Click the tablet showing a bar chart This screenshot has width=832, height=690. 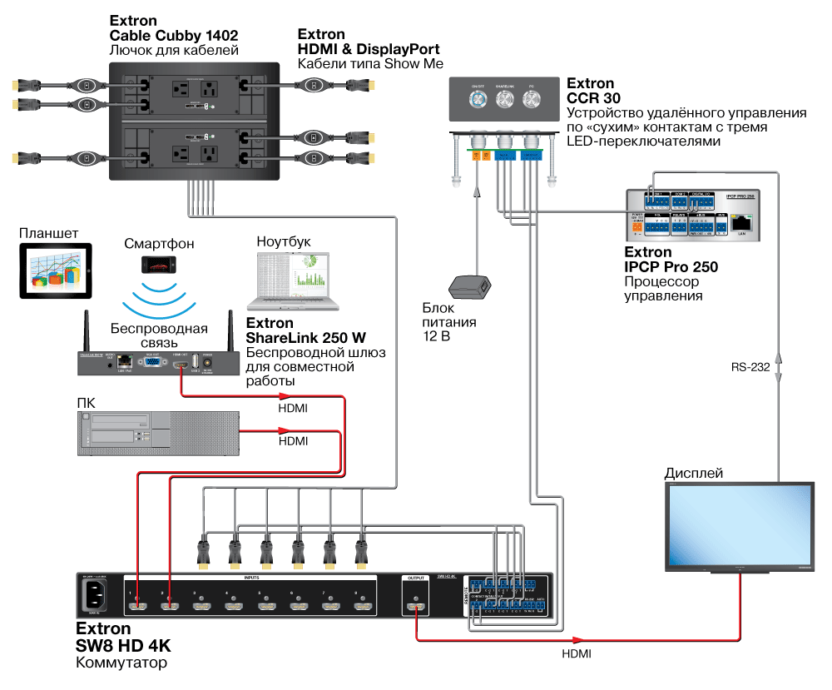click(x=55, y=271)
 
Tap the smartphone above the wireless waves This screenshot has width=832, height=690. click(x=159, y=264)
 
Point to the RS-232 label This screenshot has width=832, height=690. click(x=750, y=365)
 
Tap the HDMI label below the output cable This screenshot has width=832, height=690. click(x=576, y=654)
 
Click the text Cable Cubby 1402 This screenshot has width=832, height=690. click(x=174, y=36)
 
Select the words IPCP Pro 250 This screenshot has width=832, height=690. click(x=671, y=266)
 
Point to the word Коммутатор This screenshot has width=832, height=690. click(x=121, y=663)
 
